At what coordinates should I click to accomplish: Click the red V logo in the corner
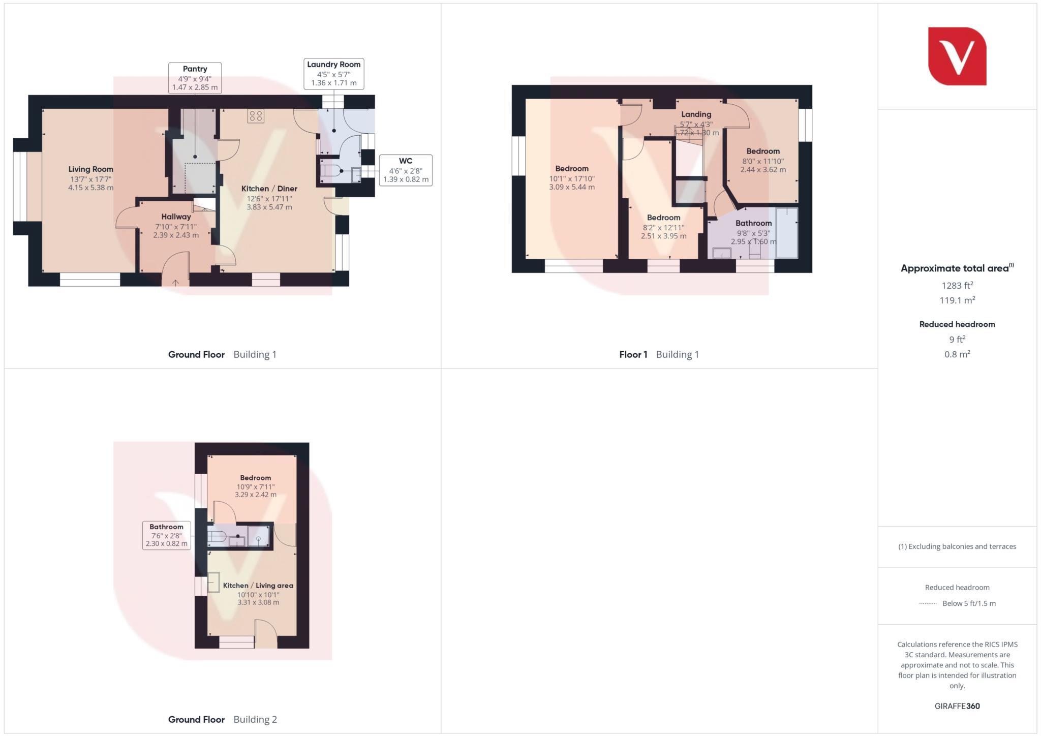[x=957, y=56]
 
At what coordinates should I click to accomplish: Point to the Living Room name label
[x=91, y=169]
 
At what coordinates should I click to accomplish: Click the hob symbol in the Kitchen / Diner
[x=256, y=116]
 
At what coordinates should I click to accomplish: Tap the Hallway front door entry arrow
[x=175, y=282]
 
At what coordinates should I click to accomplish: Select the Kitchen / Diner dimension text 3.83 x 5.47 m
[x=269, y=207]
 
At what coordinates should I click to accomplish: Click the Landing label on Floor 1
[x=696, y=114]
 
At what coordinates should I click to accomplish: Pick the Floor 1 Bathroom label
[x=753, y=223]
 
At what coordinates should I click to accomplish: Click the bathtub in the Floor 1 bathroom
[x=786, y=232]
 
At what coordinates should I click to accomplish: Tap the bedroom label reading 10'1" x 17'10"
[x=571, y=178]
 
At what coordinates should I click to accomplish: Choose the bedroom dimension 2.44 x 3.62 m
[x=762, y=170]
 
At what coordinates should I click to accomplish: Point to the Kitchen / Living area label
[x=258, y=586]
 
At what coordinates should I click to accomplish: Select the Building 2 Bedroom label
[x=255, y=478]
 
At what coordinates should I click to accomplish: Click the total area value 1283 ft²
[x=957, y=286]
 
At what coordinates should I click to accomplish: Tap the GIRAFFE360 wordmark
[x=957, y=706]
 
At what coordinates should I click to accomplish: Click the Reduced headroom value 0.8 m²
[x=957, y=354]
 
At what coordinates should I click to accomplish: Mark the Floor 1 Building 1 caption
[x=659, y=354]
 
